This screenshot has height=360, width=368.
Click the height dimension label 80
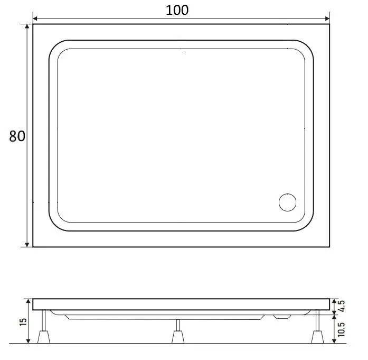16,136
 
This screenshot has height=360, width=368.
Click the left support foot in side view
43,337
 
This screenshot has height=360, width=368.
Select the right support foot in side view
317,337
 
